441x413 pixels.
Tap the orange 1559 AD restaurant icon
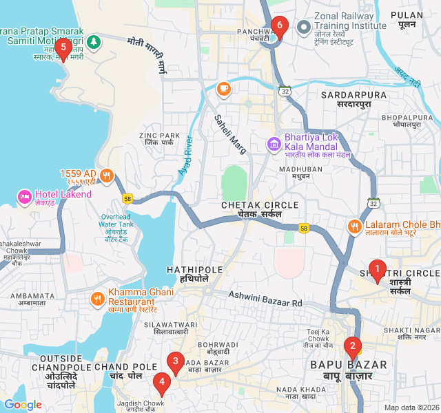[106, 175]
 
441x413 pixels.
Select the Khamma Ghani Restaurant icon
[97, 299]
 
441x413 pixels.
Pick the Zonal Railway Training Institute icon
[302, 26]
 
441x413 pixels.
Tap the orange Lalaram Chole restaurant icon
[354, 226]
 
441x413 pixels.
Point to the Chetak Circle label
[260, 209]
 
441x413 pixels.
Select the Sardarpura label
[345, 98]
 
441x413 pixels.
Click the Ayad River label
[186, 154]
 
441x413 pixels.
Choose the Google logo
[23, 405]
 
